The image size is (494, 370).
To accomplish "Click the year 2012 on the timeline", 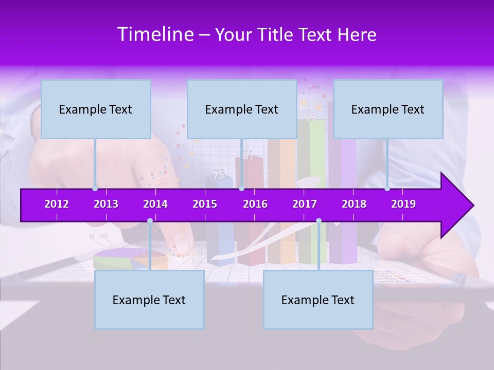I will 57,204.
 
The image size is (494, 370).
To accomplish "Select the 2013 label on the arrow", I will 106,204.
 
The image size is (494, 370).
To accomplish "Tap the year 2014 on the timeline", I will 155,204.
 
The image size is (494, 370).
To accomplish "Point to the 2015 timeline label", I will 205,204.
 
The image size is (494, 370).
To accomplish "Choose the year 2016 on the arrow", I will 255,204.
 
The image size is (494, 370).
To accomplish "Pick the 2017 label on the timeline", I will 305,204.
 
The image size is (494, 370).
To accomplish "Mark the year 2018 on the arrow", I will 354,204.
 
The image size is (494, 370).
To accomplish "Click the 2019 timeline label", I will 403,204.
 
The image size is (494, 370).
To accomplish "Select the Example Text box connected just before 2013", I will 96,109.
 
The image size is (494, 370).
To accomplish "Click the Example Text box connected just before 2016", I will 242,109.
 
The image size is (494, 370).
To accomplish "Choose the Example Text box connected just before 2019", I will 388,109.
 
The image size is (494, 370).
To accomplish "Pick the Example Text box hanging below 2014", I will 149,300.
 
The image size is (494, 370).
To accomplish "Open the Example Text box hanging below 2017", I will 318,300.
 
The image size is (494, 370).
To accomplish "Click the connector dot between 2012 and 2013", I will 95,189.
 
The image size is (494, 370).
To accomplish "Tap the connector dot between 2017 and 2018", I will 319,221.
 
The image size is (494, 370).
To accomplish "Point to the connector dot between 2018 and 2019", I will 387,189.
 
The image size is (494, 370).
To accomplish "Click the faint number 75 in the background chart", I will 219,175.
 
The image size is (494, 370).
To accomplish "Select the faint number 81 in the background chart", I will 249,156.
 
